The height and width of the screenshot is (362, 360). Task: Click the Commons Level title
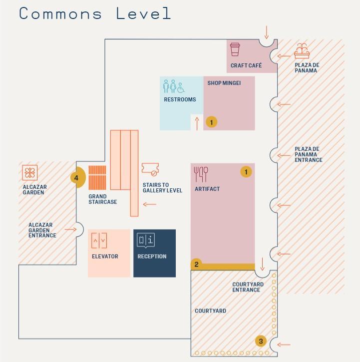pyautogui.click(x=95, y=13)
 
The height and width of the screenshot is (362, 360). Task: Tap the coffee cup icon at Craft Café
pyautogui.click(x=235, y=49)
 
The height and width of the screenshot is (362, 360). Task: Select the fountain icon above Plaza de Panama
pyautogui.click(x=301, y=51)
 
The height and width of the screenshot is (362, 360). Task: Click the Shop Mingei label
pyautogui.click(x=224, y=83)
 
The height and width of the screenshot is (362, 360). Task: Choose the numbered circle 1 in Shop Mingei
pyautogui.click(x=211, y=122)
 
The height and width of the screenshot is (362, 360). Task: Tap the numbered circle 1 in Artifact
pyautogui.click(x=245, y=172)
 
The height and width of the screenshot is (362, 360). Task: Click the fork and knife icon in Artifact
pyautogui.click(x=201, y=174)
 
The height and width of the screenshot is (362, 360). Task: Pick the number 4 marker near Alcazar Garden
pyautogui.click(x=76, y=178)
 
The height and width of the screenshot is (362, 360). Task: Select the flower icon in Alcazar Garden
pyautogui.click(x=30, y=173)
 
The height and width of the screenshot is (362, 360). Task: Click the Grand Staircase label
pyautogui.click(x=103, y=199)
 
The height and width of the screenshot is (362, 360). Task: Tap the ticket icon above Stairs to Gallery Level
pyautogui.click(x=150, y=170)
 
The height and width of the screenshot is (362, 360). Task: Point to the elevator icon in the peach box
pyautogui.click(x=98, y=241)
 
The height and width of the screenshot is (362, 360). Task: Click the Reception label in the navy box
pyautogui.click(x=152, y=257)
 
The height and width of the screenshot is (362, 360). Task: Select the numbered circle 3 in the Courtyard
pyautogui.click(x=261, y=342)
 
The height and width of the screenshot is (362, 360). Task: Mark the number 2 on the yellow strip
pyautogui.click(x=197, y=265)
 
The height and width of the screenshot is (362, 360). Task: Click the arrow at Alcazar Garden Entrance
pyautogui.click(x=71, y=230)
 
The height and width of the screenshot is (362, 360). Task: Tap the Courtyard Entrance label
pyautogui.click(x=248, y=287)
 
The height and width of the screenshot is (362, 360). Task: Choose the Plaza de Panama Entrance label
pyautogui.click(x=308, y=154)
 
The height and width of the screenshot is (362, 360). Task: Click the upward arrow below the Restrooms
pyautogui.click(x=197, y=123)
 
